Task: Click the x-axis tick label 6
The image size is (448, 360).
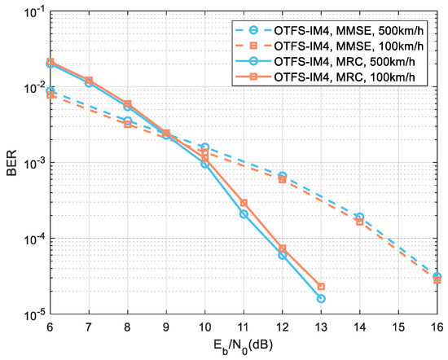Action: pos(50,327)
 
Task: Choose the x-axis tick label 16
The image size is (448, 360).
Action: pos(437,327)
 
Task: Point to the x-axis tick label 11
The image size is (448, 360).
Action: pos(244,327)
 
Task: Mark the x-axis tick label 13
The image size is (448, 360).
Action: pos(321,327)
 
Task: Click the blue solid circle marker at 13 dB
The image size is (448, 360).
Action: pos(321,299)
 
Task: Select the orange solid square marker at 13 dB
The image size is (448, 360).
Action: pos(321,287)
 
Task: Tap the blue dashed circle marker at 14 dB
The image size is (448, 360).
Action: pos(360,217)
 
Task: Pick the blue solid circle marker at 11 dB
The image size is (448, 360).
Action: pos(244,214)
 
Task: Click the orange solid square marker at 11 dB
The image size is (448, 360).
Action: pos(244,203)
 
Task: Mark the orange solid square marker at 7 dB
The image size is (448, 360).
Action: pos(89,80)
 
